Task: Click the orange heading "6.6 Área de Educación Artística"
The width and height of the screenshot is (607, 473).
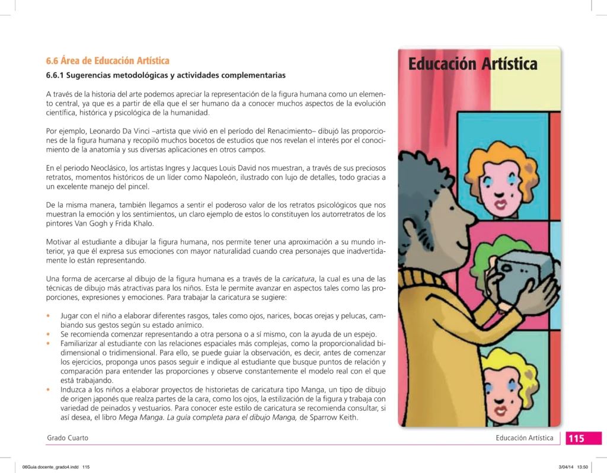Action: tap(108, 61)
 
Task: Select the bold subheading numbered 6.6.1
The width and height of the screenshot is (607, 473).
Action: tap(166, 75)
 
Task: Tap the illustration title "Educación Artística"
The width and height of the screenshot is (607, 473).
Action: tap(472, 63)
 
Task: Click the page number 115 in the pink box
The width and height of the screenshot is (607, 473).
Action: tap(576, 439)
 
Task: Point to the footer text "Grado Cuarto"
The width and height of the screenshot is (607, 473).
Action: tap(68, 438)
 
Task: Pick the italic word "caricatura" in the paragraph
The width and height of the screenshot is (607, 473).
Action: tap(298, 279)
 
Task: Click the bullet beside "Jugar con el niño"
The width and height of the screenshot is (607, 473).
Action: tap(48, 316)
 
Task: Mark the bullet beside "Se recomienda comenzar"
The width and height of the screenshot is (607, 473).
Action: tap(48, 335)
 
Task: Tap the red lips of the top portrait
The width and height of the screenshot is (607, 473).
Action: tap(501, 204)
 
